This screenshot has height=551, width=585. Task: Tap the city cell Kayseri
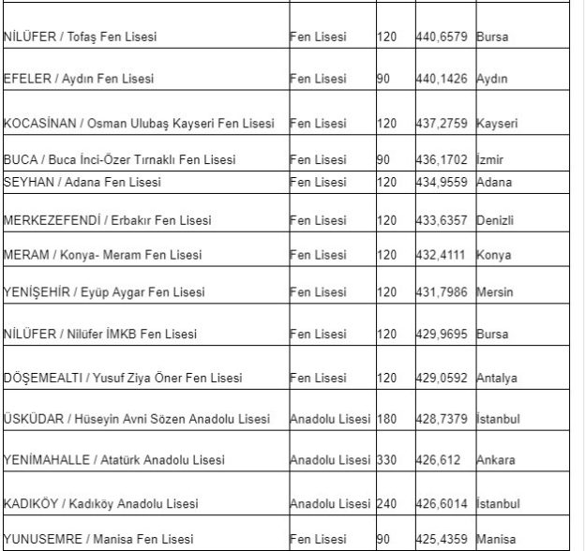coord(497,124)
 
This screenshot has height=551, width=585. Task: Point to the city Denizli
coord(496,220)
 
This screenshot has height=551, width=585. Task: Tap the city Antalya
coord(498,379)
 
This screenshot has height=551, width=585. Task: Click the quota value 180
coord(387,418)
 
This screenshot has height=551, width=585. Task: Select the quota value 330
coord(387,460)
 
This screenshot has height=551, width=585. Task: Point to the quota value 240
coord(387,502)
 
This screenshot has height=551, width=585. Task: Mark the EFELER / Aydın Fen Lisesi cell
coord(78,80)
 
